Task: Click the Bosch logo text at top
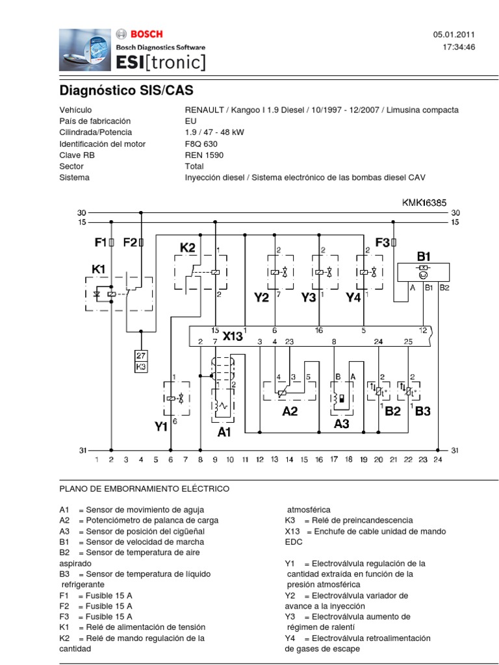pos(147,34)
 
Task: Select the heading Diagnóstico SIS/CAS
pos(126,90)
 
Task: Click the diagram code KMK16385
pos(424,203)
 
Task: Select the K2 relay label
pos(188,248)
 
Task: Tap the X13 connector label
pos(232,336)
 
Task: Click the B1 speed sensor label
pos(424,256)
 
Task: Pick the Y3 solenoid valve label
pos(309,297)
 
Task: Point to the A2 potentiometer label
pos(290,411)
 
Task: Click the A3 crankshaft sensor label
pos(342,423)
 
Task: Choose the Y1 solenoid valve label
pos(161,427)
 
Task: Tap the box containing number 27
pos(141,355)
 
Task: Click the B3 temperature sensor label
pos(423,411)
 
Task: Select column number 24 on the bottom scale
pos(437,460)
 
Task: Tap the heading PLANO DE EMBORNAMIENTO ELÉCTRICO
pos(144,488)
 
